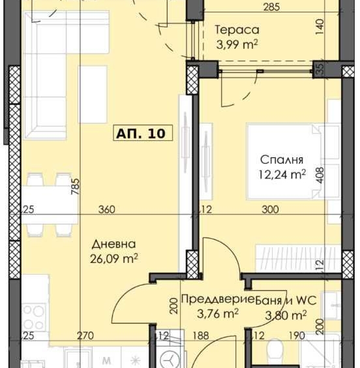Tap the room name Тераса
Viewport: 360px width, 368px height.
[237, 29]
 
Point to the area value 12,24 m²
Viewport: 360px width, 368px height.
[282, 174]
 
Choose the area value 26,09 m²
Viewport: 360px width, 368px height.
[114, 258]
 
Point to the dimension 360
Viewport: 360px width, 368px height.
[106, 210]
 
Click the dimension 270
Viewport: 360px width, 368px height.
[85, 336]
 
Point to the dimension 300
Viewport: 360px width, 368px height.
[270, 210]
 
